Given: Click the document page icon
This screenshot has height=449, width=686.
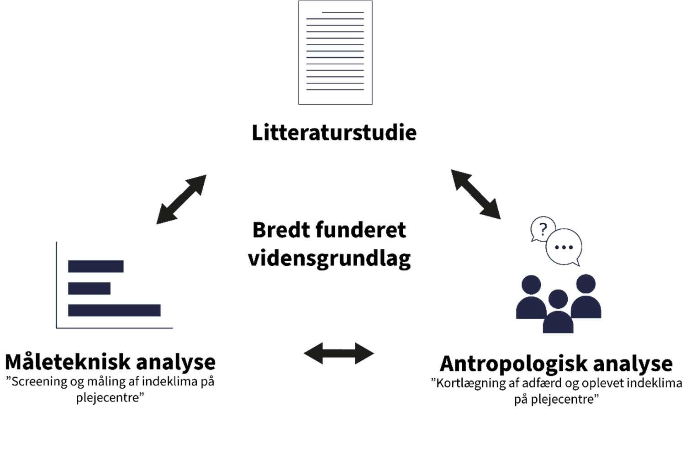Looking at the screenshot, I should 335,53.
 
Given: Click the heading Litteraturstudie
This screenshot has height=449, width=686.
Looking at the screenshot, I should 334,132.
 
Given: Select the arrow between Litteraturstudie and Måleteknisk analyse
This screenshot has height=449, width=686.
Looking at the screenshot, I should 181,200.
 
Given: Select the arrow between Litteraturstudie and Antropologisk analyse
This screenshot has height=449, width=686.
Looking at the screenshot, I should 475,194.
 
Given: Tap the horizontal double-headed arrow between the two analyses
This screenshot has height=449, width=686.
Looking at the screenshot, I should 339,353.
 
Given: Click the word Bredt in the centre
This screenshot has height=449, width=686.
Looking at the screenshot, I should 279,230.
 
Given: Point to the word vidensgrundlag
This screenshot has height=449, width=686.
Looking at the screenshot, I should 329,259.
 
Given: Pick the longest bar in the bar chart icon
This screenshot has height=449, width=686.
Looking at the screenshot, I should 114,310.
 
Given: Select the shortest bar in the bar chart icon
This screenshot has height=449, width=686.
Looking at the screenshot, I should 89,288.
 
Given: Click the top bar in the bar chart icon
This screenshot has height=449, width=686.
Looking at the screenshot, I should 95,266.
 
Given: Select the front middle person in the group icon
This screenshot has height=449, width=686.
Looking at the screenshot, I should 558,313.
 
